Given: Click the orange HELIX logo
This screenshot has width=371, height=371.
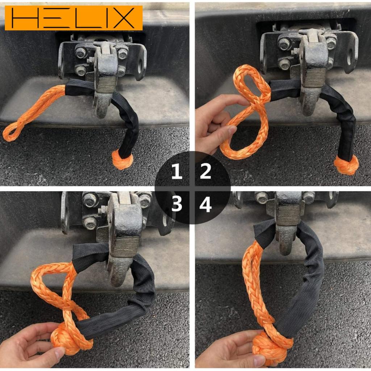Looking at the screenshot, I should [x=74, y=18].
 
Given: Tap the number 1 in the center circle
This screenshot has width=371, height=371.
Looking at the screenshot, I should [x=176, y=171].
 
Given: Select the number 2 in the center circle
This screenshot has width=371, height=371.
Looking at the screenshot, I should [x=205, y=171].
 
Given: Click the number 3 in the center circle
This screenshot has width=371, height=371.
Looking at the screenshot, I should [x=176, y=205].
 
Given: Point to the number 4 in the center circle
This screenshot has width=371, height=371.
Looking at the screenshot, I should [x=205, y=205].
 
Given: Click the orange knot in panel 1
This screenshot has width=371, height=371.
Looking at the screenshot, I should [x=122, y=160].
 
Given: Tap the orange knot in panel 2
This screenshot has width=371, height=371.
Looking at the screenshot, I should [x=346, y=165].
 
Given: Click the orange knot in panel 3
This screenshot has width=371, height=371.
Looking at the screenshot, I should [x=67, y=339].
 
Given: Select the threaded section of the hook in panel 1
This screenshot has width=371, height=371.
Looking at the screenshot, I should [x=106, y=84].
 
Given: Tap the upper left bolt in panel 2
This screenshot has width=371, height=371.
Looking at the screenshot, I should [x=284, y=44].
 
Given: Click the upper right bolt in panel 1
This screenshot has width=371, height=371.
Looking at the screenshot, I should [x=122, y=53].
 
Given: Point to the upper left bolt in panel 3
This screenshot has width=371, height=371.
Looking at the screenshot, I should [x=89, y=200].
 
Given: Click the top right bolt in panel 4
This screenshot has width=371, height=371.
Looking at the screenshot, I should [x=309, y=197].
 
